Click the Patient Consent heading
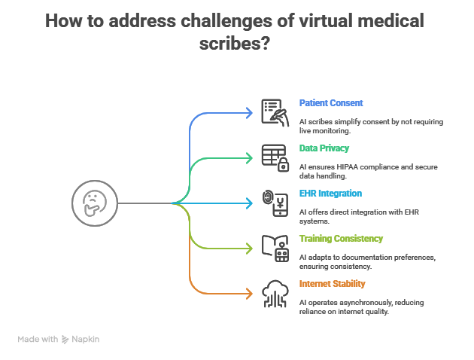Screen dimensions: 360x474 pyautogui.click(x=331, y=102)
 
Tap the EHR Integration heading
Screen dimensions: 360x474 pyautogui.click(x=330, y=194)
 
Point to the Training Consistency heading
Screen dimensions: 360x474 pyautogui.click(x=341, y=239)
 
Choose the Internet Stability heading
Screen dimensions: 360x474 pyautogui.click(x=332, y=284)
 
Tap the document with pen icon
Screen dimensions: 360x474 pyautogui.click(x=275, y=112)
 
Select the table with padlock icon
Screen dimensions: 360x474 pyautogui.click(x=275, y=157)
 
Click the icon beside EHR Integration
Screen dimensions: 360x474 pyautogui.click(x=275, y=203)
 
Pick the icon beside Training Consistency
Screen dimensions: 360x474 pyautogui.click(x=275, y=248)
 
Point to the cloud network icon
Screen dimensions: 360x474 pyautogui.click(x=275, y=293)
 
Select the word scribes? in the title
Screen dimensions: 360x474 pyautogui.click(x=236, y=44)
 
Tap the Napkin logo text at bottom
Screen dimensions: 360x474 pyautogui.click(x=85, y=340)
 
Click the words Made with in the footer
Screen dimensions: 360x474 pyautogui.click(x=38, y=340)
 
